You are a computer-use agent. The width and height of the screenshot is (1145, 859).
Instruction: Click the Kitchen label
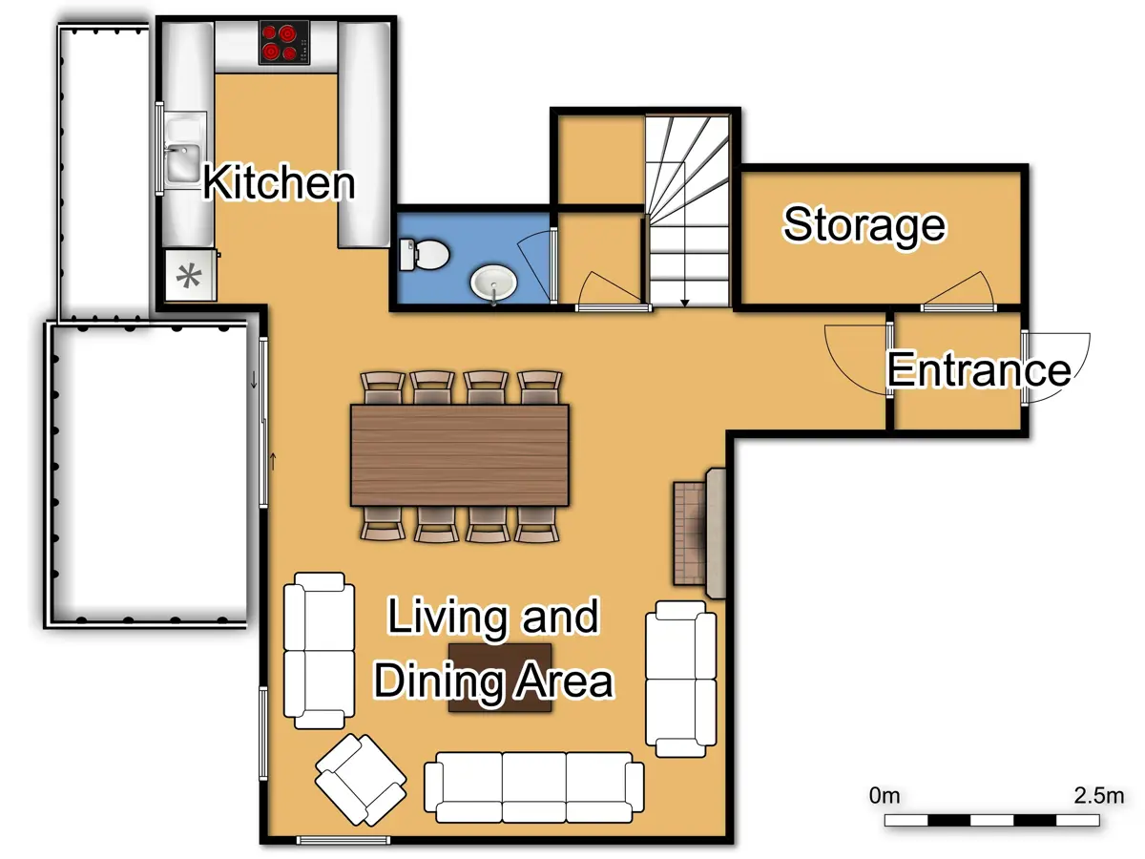pos(279,182)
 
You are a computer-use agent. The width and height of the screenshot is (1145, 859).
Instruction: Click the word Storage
pos(864,225)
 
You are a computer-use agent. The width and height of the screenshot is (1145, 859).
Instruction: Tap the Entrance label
pos(978,369)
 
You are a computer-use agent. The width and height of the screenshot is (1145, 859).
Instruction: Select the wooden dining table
pos(459,454)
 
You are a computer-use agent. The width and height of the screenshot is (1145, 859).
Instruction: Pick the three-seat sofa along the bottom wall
pos(532,786)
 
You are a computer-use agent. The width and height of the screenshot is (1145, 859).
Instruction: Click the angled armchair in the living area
pos(360,779)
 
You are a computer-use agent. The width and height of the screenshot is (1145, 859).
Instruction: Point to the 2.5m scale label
pos(1098,795)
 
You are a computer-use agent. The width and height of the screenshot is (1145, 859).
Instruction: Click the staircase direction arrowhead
pos(684,303)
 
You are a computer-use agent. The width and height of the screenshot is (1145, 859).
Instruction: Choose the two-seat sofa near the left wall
pos(318,650)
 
